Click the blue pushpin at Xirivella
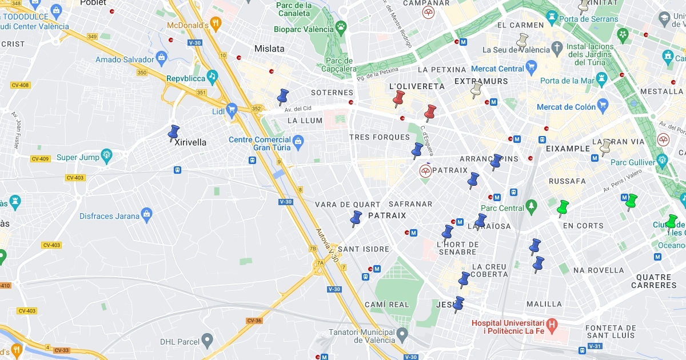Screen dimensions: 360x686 pyautogui.click(x=174, y=133)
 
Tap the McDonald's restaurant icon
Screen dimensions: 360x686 pyautogui.click(x=216, y=24)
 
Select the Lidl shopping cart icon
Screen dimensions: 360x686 pyautogui.click(x=232, y=109)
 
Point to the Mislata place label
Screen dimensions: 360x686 pyautogui.click(x=269, y=49)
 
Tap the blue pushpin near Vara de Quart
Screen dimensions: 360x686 pyautogui.click(x=356, y=218)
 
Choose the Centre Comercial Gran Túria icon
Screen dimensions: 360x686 pyautogui.click(x=297, y=141)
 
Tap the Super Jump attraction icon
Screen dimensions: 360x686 pyautogui.click(x=106, y=154)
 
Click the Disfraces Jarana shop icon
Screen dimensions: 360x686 pyautogui.click(x=147, y=214)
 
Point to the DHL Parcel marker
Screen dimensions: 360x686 pyautogui.click(x=208, y=341)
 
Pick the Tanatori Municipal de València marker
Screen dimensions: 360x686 pyautogui.click(x=402, y=333)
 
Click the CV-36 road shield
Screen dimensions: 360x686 pyautogui.click(x=254, y=321)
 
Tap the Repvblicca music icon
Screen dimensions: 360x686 pyautogui.click(x=212, y=75)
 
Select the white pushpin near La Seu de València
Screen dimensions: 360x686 pyautogui.click(x=521, y=40)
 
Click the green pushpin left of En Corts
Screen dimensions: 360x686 pyautogui.click(x=563, y=207)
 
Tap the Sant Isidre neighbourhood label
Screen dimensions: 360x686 pyautogui.click(x=364, y=249)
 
